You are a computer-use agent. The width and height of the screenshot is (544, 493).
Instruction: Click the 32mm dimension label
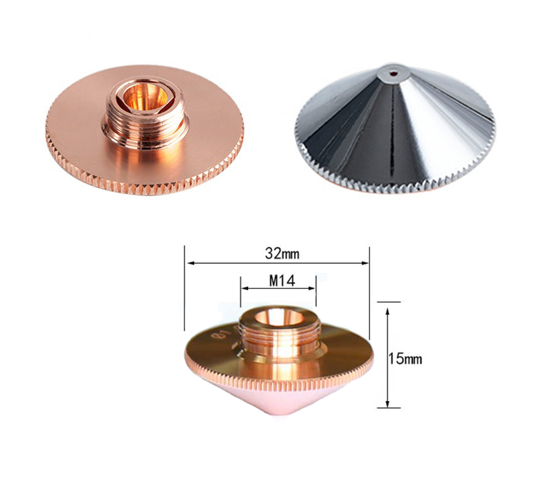click(x=282, y=254)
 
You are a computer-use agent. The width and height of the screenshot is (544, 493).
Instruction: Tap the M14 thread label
click(x=282, y=281)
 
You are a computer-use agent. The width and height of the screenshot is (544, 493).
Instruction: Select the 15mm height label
click(x=405, y=358)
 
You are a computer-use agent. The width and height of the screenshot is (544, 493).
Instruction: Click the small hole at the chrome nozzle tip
click(x=393, y=73)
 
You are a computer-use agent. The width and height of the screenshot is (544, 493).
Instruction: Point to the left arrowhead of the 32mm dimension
click(x=190, y=263)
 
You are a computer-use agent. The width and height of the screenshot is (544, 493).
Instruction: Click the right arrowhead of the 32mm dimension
click(x=365, y=263)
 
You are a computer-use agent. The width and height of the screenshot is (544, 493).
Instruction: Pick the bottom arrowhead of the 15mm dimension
click(x=388, y=404)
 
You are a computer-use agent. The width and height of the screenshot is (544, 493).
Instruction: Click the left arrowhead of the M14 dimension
click(x=245, y=288)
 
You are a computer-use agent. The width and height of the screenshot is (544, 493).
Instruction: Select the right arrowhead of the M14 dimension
click(x=311, y=288)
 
